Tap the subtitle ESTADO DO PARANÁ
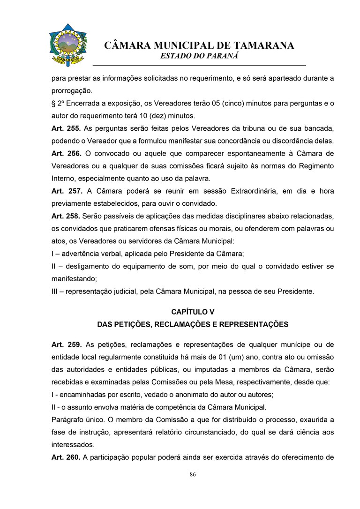pos(200,55)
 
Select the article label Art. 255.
pos(66,128)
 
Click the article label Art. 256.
pos(66,153)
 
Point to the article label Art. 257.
pos(66,191)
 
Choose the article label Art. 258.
pos(65,217)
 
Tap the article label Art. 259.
pos(66,345)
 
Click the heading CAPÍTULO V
pos(193,311)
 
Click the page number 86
pos(193,475)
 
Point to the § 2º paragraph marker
pos(57,103)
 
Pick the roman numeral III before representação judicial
pos(55,292)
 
